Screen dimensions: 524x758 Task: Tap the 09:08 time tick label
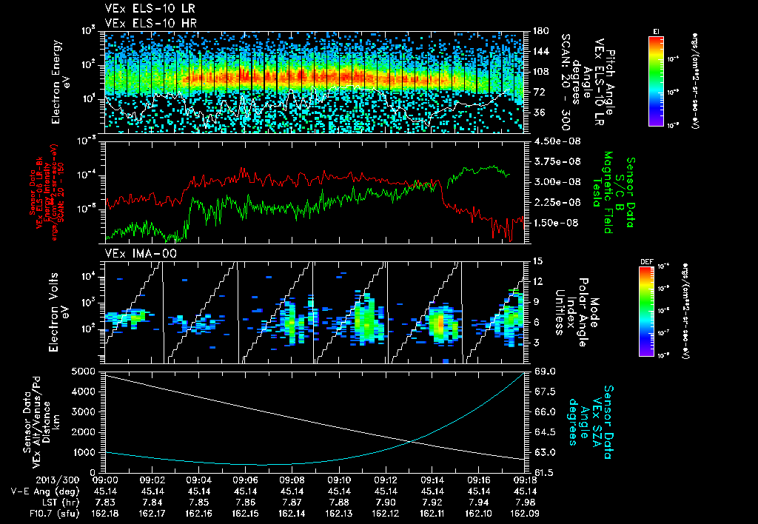click(x=292, y=480)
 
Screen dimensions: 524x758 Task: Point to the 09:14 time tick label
click(x=432, y=480)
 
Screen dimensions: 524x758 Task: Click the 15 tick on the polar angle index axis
click(x=535, y=261)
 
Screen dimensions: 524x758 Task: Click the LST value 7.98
click(x=525, y=500)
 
